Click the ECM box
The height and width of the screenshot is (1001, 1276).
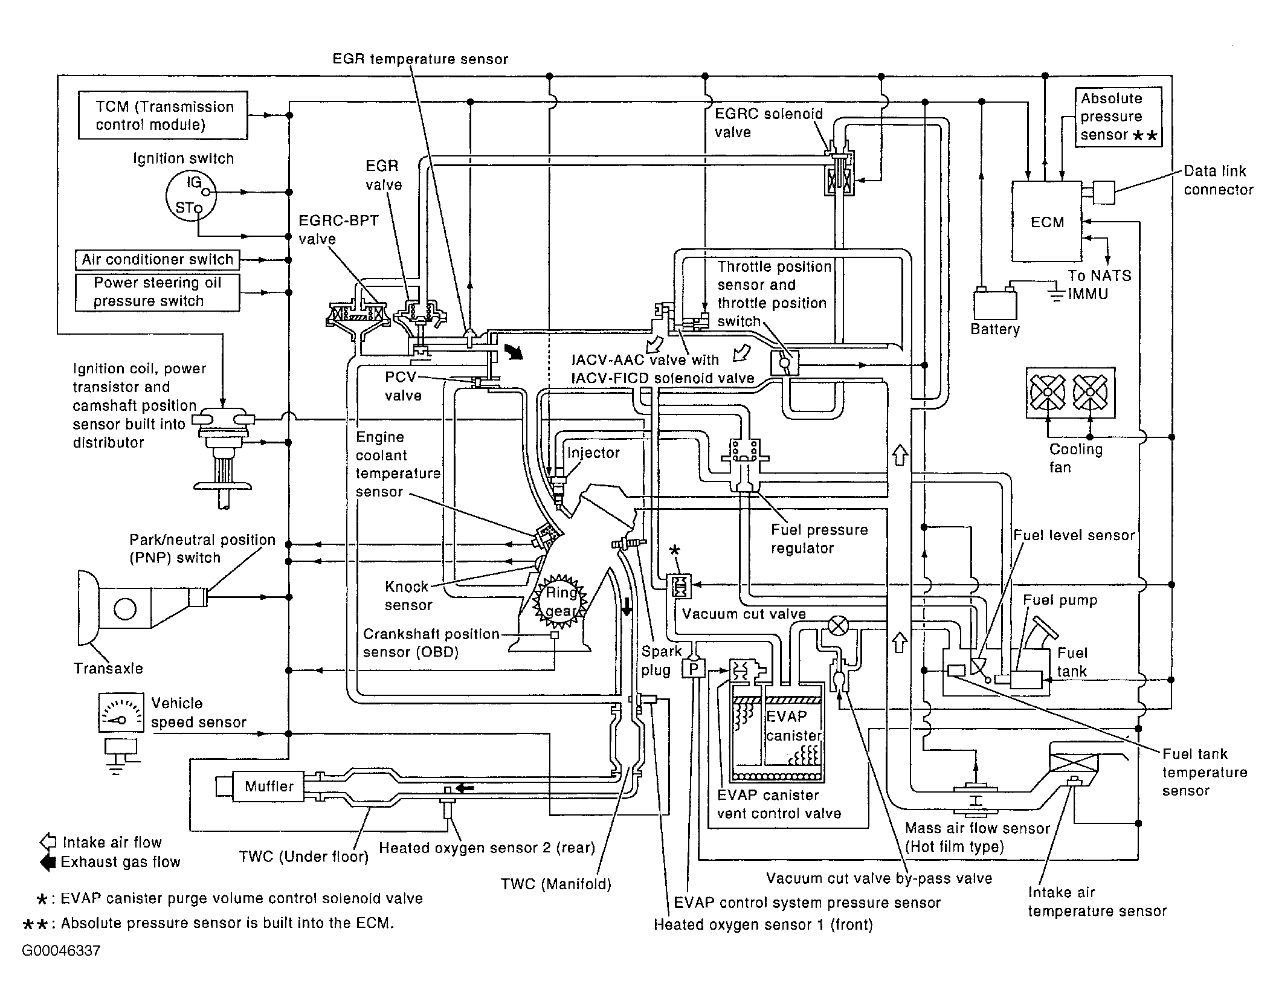[x=1046, y=222]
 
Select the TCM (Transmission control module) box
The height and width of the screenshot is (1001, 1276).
[x=163, y=115]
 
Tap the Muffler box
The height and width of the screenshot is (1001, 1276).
[x=268, y=786]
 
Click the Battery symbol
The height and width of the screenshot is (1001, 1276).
[x=994, y=304]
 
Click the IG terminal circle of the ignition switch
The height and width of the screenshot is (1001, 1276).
[x=206, y=192]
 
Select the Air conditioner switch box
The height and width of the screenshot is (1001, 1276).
[x=157, y=260]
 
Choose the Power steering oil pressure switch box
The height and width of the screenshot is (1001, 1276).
[x=157, y=292]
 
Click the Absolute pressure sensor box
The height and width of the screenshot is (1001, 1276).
[x=1118, y=117]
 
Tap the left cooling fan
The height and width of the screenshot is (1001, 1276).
[x=1048, y=393]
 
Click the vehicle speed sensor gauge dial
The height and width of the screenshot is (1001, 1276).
[x=121, y=713]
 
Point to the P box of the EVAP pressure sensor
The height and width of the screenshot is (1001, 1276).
[x=693, y=669]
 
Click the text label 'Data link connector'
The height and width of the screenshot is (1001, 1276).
[x=1217, y=180]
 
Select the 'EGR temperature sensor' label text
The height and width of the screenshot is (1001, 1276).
[x=420, y=59]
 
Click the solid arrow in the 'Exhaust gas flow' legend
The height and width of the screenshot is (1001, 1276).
[x=47, y=862]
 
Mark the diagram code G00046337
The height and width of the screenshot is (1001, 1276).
[x=61, y=951]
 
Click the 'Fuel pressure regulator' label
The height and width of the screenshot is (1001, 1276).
[x=819, y=539]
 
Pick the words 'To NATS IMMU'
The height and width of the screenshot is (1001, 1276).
[x=1098, y=285]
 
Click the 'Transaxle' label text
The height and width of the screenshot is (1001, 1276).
[x=108, y=668]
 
